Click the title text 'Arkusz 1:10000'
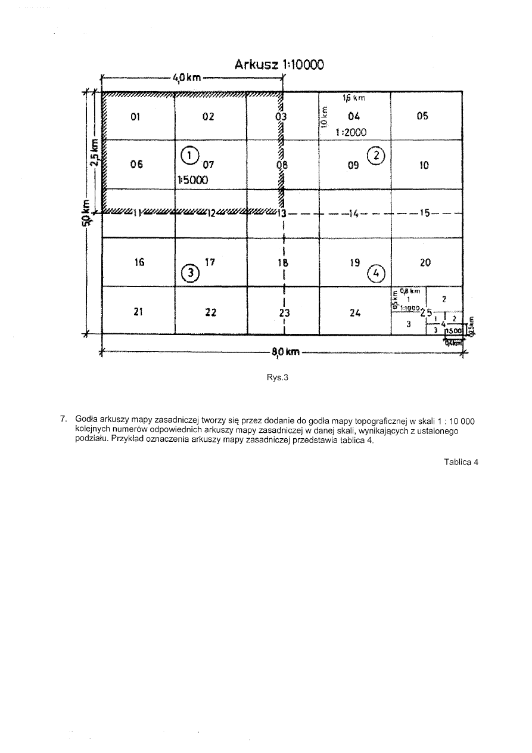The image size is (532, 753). coord(279,64)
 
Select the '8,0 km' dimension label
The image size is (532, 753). coord(285,352)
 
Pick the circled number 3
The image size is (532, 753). coord(189,271)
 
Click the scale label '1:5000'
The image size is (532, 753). coord(192,179)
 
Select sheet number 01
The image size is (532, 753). coord(135,117)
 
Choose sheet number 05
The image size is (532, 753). coord(422,116)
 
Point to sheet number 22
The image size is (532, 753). coord(210,312)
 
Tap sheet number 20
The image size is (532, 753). coord(425,262)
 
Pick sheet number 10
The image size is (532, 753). coord(424,165)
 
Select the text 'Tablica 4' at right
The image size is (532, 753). coord(461,462)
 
